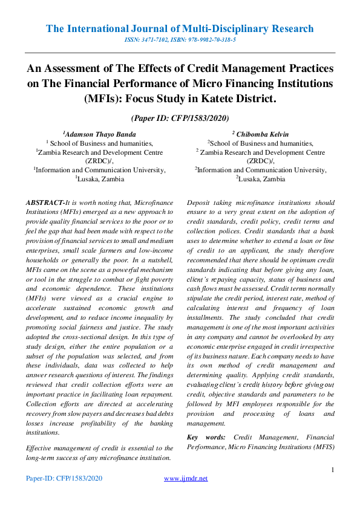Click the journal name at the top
180,28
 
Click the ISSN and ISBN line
180,39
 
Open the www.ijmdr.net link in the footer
186,478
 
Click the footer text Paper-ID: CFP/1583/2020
64,478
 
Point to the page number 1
333,470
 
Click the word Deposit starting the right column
201,204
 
